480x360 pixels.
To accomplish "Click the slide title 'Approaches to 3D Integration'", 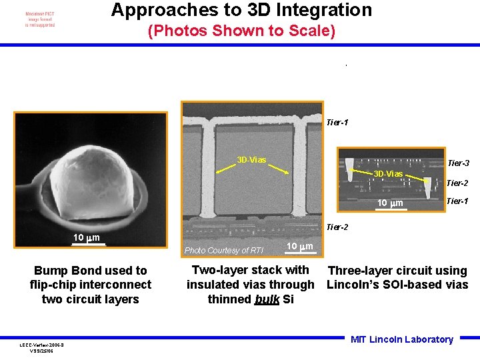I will (x=241, y=11).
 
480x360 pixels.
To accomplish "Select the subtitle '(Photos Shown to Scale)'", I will (x=241, y=31).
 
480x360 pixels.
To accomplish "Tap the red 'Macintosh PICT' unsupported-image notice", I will (x=40, y=19).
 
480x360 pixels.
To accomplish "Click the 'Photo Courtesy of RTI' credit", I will (x=224, y=251).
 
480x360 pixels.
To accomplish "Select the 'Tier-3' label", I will (x=458, y=163).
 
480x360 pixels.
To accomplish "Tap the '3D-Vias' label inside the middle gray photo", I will (x=252, y=160).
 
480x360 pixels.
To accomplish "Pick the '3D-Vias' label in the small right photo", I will (x=388, y=174).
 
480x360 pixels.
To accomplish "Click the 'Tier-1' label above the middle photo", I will (x=337, y=123).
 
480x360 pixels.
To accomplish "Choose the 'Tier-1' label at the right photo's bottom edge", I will (x=457, y=201).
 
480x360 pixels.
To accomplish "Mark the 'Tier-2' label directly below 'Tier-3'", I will (x=457, y=183).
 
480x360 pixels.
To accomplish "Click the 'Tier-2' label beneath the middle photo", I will (x=337, y=227).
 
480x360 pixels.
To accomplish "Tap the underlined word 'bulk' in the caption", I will (x=267, y=299).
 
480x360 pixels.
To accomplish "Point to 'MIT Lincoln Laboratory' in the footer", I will (x=402, y=339).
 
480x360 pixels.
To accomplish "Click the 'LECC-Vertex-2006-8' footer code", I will (x=42, y=344).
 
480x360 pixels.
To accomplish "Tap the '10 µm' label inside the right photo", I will (x=391, y=203).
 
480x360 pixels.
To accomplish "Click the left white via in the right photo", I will (x=351, y=171).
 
